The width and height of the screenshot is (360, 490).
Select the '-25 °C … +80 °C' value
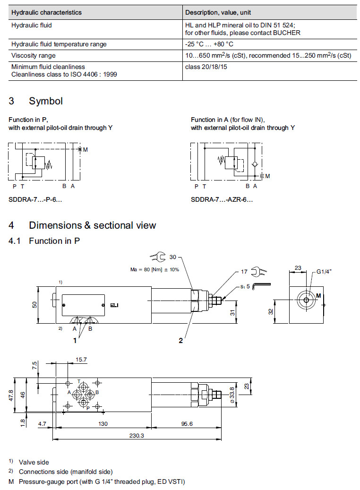209,44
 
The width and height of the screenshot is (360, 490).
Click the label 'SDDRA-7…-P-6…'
35,199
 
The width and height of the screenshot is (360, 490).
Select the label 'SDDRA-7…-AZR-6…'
222,199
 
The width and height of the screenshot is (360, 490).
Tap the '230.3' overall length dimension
136,435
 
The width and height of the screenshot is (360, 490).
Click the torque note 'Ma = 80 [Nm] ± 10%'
155,270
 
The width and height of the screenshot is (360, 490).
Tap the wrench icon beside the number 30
158,257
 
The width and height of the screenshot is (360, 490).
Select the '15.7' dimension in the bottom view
81,360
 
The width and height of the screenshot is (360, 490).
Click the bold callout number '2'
180,341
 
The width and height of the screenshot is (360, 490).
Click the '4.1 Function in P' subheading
44,241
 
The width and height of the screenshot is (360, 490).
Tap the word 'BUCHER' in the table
289,33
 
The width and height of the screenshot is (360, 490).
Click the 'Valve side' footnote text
34,462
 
